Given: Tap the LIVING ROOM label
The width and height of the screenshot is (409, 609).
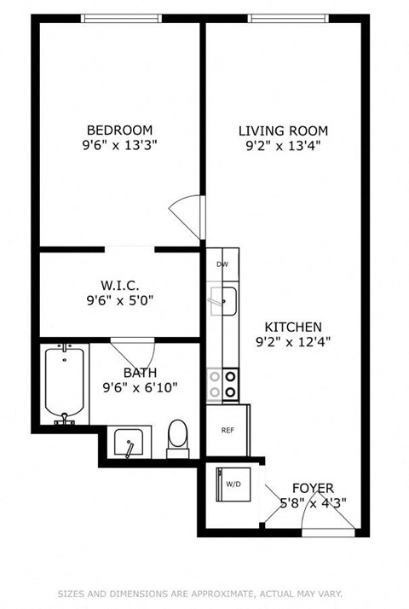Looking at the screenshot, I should [283, 130].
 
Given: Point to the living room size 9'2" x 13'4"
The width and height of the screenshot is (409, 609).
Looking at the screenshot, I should [283, 146].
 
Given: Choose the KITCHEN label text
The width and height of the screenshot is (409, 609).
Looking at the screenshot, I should [293, 327].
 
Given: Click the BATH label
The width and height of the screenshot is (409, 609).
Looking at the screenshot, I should [140, 373].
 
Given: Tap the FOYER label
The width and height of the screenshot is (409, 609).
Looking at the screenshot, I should [314, 488].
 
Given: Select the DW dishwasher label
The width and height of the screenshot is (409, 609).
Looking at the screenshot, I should [222, 265].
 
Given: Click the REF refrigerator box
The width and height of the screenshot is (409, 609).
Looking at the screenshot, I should [227, 430].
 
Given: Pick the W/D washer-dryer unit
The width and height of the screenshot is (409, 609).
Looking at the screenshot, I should [232, 484].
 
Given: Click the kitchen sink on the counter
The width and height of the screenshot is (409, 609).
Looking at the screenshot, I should [224, 299].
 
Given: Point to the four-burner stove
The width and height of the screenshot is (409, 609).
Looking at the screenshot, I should [222, 385].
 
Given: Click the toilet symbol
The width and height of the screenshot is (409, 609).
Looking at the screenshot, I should [178, 436].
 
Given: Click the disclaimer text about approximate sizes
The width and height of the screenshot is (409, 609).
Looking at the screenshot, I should [204, 594].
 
